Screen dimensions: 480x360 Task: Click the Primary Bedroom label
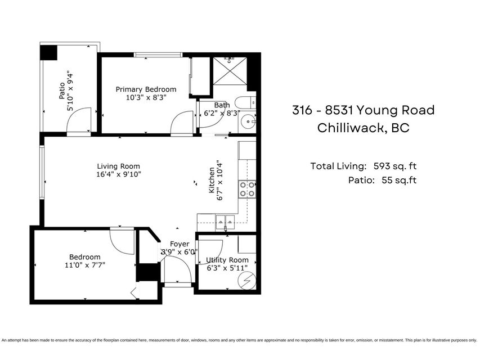point(146,89)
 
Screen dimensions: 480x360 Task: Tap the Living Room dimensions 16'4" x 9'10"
point(119,174)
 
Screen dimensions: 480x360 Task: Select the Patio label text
point(62,91)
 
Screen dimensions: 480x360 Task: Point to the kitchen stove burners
point(248,189)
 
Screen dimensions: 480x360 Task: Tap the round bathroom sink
point(248,121)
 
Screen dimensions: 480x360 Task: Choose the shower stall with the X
point(230,71)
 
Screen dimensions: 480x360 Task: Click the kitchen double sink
point(225,222)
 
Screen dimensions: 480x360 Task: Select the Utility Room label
point(227,260)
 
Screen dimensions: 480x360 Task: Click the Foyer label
point(180,244)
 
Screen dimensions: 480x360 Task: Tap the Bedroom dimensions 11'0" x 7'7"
point(85,265)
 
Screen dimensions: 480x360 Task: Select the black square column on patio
point(48,53)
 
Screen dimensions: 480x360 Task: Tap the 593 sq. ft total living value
point(395,166)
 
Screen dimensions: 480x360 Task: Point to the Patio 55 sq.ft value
point(399,180)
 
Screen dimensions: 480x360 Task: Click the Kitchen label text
point(212,180)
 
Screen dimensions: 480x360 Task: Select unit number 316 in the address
point(302,110)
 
